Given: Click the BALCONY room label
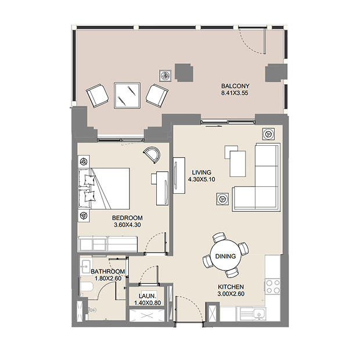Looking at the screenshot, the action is pyautogui.click(x=235, y=86).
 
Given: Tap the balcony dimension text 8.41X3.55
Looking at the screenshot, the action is pyautogui.click(x=235, y=93).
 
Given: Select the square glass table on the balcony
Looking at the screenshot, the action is pyautogui.click(x=127, y=95).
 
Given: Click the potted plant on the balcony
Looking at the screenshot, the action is pyautogui.click(x=165, y=75).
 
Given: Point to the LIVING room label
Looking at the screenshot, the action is pyautogui.click(x=201, y=172).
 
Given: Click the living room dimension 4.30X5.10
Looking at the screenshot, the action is pyautogui.click(x=201, y=179).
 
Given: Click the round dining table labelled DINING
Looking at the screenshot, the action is pyautogui.click(x=226, y=255).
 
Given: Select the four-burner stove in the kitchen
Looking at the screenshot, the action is pyautogui.click(x=273, y=286).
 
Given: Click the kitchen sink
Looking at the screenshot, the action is pyautogui.click(x=260, y=314).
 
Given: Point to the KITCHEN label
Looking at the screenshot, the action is pyautogui.click(x=231, y=287).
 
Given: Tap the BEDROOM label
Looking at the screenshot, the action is pyautogui.click(x=127, y=218).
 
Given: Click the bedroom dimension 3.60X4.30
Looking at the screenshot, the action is pyautogui.click(x=127, y=225).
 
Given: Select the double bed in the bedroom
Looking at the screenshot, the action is pyautogui.click(x=105, y=189).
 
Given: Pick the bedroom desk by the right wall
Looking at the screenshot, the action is pyautogui.click(x=162, y=188).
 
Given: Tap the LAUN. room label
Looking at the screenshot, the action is pyautogui.click(x=147, y=296).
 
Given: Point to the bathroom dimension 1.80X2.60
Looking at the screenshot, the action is pyautogui.click(x=108, y=279).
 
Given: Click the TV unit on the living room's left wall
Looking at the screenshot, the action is pyautogui.click(x=179, y=175).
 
